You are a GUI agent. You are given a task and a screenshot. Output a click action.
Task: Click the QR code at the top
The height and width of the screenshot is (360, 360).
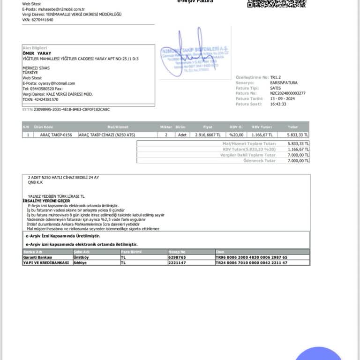277,4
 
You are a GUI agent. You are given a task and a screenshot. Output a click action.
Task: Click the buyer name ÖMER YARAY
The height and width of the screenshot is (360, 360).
37,53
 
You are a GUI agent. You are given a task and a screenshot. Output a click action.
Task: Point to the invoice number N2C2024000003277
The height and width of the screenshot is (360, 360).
288,93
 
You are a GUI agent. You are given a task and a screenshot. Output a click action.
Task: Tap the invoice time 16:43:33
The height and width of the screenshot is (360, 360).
278,104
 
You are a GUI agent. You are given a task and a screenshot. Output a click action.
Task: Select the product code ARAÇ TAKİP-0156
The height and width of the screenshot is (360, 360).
56,135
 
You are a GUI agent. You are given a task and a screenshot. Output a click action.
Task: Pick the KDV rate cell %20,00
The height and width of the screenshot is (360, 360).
236,135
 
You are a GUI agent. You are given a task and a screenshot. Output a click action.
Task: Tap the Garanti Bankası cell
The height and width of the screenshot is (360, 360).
38,257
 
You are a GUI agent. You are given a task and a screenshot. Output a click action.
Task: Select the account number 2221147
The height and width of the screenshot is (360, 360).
177,263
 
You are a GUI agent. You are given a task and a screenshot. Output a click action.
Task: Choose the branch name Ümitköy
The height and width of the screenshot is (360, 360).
82,257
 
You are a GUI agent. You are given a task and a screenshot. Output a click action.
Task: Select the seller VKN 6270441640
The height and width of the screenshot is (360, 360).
37,20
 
